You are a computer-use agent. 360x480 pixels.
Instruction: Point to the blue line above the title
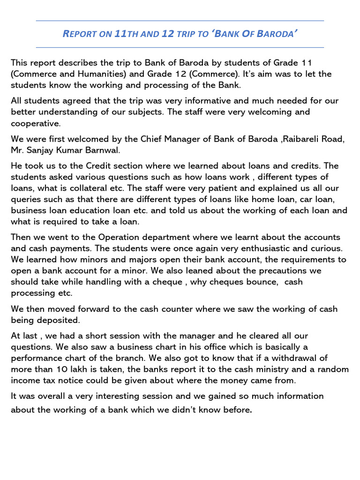coord(180,21)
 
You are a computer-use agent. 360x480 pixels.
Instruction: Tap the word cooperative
coord(35,123)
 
